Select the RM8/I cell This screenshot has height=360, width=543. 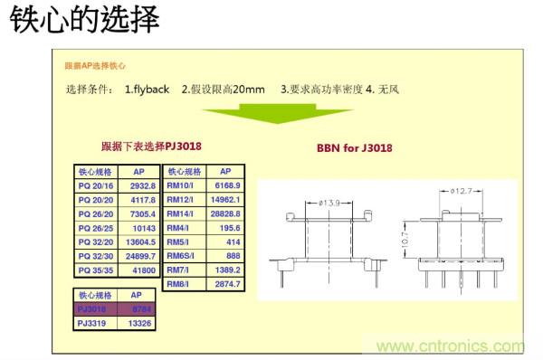coord(179,285)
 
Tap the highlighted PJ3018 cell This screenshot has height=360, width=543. coord(94,309)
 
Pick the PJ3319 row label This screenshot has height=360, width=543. coord(94,323)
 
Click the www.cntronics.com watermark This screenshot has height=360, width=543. coord(450,346)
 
